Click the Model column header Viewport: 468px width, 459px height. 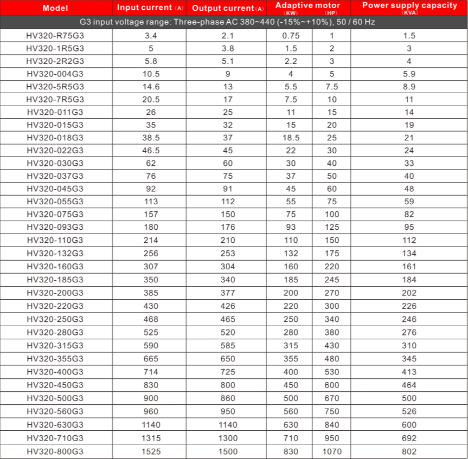click(x=55, y=8)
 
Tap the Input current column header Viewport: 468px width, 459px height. click(x=150, y=8)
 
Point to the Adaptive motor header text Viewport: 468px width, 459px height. click(x=307, y=5)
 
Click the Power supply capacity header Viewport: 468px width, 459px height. click(x=409, y=5)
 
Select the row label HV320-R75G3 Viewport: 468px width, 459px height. click(x=55, y=36)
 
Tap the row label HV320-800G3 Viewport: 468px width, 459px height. click(x=55, y=451)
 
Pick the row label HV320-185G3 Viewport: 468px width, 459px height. click(x=55, y=280)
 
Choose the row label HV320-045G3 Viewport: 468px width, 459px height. click(x=55, y=189)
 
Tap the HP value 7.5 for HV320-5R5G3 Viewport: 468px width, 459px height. click(x=332, y=87)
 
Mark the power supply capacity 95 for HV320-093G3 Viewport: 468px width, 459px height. click(x=409, y=228)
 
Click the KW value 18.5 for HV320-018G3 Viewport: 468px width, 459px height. click(x=291, y=138)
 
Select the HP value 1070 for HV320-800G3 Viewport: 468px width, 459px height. click(x=332, y=451)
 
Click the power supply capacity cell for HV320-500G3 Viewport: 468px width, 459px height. click(x=409, y=399)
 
